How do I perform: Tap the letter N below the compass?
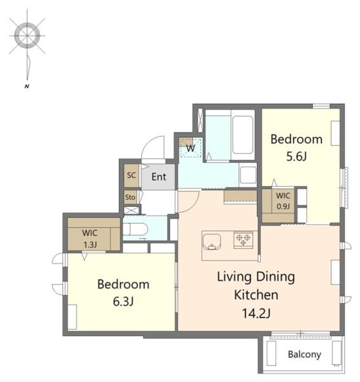click(x=27, y=86)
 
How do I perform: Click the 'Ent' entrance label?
click(x=159, y=177)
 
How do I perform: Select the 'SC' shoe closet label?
click(x=132, y=175)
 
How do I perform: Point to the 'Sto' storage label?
click(x=130, y=197)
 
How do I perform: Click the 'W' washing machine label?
click(x=191, y=148)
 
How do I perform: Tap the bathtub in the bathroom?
click(x=242, y=135)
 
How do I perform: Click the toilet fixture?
click(x=135, y=229)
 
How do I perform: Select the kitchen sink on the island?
click(x=212, y=242)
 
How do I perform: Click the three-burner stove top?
click(x=243, y=240)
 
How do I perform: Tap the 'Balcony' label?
click(x=304, y=355)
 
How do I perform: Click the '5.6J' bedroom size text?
click(x=296, y=157)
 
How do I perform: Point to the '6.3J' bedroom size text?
click(x=123, y=302)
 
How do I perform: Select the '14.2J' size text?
click(x=256, y=313)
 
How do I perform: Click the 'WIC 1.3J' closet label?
click(x=90, y=239)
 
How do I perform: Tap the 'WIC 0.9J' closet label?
click(x=283, y=201)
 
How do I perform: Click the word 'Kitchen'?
click(x=256, y=295)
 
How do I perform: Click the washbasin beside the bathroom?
click(x=248, y=175)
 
